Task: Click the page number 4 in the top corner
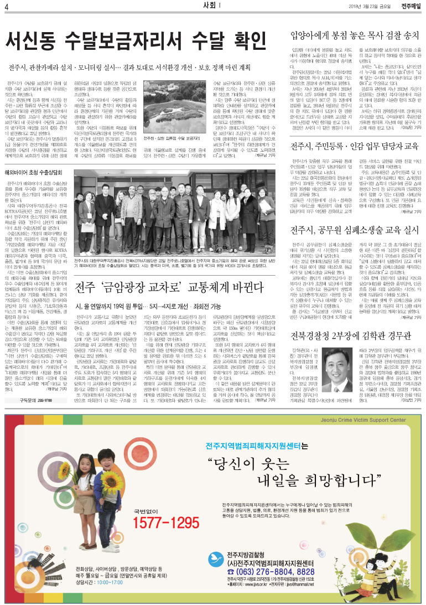click(6, 6)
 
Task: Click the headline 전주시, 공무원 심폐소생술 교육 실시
click(354, 229)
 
